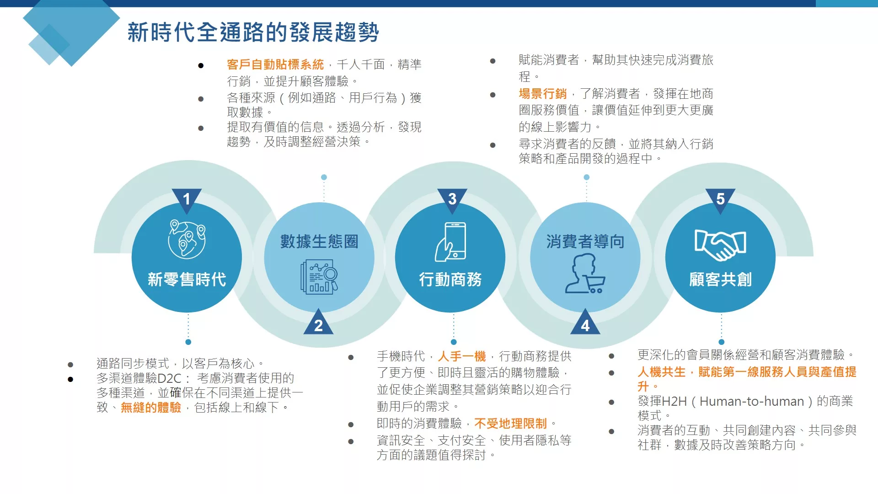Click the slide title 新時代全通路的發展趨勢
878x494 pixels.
pos(253,32)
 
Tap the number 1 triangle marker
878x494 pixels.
pos(187,200)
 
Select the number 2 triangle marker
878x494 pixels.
pos(319,322)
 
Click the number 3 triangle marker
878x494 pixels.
pos(452,200)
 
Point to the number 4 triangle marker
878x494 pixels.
pos(585,322)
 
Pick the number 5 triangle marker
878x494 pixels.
pos(720,200)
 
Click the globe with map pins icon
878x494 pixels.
pos(187,239)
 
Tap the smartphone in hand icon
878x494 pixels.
pos(451,242)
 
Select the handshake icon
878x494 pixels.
pos(720,245)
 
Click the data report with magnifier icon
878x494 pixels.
pos(319,277)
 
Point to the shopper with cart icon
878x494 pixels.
pos(585,274)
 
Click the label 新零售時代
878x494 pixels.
pos(187,279)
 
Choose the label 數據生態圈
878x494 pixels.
pos(319,241)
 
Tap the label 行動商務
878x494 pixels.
pos(451,279)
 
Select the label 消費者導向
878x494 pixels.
pos(585,241)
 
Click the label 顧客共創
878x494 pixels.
pos(720,279)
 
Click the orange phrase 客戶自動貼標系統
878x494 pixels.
pos(275,64)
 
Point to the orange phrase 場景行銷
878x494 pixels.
pos(543,94)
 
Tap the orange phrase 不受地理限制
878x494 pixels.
pos(511,424)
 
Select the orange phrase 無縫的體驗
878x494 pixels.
pos(151,407)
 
